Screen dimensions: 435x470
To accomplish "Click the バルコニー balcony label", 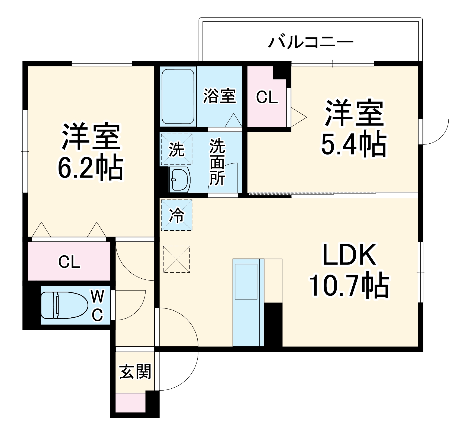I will [311, 43].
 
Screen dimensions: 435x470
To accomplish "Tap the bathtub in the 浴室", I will [178, 97].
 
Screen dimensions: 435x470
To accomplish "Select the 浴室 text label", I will [219, 96].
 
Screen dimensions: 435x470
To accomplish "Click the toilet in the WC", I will [65, 305].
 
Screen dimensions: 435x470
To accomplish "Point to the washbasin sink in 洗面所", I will [179, 180].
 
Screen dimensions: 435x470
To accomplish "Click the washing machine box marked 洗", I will [177, 149].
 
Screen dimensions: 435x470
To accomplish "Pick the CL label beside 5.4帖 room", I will [267, 97].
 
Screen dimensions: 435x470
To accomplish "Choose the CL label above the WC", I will [69, 262].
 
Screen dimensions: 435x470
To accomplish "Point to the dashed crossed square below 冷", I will [176, 259].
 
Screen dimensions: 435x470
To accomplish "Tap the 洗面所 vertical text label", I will [217, 163].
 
